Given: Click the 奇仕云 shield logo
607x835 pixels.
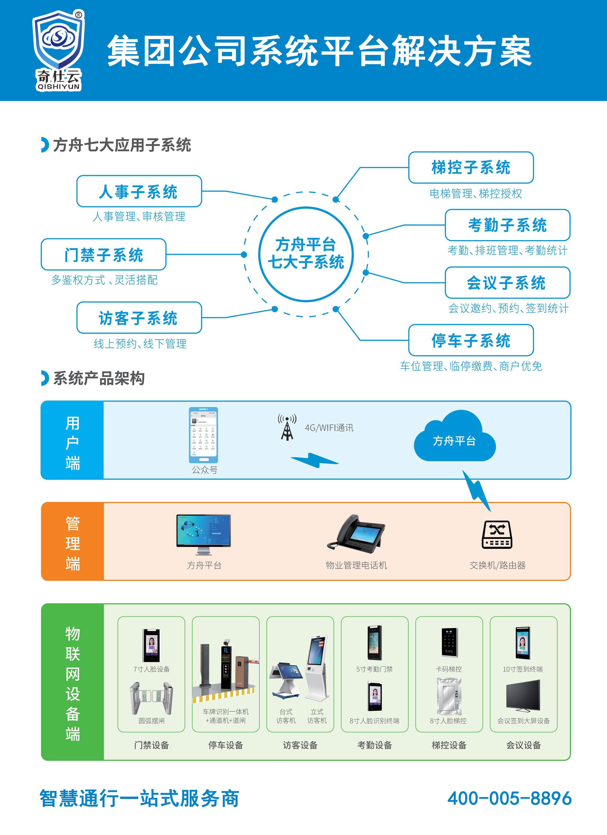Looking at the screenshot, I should tap(59, 50).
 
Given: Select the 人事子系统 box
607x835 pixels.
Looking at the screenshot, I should tap(139, 192).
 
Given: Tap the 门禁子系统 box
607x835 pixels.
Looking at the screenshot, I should tap(103, 254).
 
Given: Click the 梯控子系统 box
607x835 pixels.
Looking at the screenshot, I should tap(471, 167).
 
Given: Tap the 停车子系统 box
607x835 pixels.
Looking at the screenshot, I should tap(471, 340).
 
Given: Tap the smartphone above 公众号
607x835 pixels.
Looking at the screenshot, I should tap(203, 435).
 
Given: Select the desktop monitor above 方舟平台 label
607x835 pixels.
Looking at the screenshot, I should tap(203, 534).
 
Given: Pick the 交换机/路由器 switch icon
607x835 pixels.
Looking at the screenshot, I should tap(497, 535).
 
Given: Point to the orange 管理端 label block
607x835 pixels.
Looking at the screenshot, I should tap(72, 541).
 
